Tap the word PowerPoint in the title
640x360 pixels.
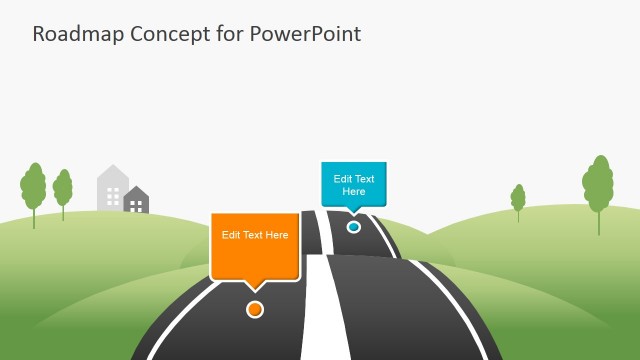point(303,33)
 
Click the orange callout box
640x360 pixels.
point(255,245)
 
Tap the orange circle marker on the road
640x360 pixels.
point(255,309)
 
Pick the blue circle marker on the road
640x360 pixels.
point(353,227)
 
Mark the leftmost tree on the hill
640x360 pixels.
point(34,187)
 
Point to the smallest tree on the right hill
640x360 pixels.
point(518,198)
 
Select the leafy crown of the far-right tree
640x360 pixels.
point(598,182)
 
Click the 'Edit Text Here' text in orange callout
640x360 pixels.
point(255,235)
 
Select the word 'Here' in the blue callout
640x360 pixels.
point(354,191)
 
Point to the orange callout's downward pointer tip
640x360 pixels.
point(256,291)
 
